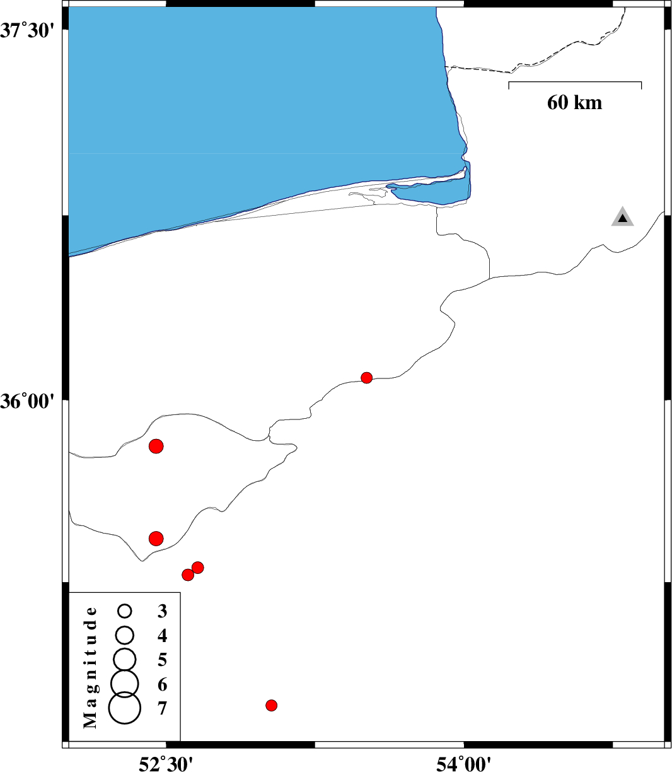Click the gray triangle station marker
[x=622, y=218]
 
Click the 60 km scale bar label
[x=574, y=102]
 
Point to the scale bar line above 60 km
[x=575, y=82]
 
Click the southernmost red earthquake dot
[x=271, y=705]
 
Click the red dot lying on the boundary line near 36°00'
[x=366, y=378]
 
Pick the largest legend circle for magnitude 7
[x=125, y=708]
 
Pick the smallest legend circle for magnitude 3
[x=125, y=611]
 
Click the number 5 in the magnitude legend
[x=163, y=660]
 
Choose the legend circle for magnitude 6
[x=125, y=682]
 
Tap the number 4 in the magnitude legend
[x=163, y=635]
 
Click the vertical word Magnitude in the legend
[x=91, y=667]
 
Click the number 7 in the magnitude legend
[x=163, y=709]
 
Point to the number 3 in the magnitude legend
[x=163, y=611]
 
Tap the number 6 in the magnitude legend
[x=163, y=684]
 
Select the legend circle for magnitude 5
[x=125, y=658]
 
